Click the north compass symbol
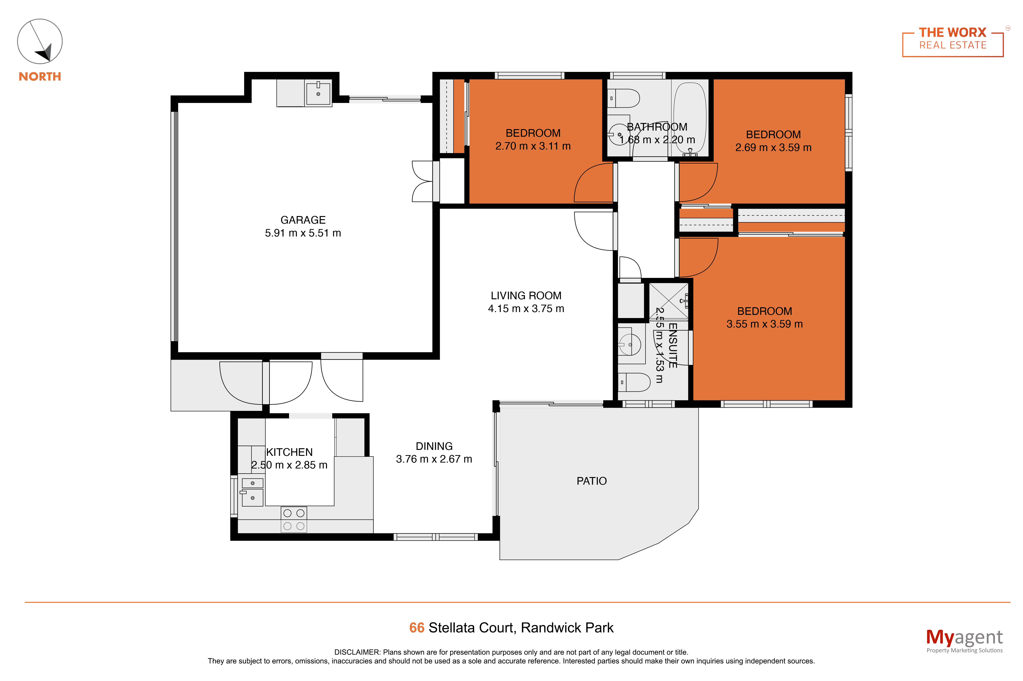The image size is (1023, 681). [x=40, y=41]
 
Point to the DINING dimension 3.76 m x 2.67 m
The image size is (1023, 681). [x=434, y=459]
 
